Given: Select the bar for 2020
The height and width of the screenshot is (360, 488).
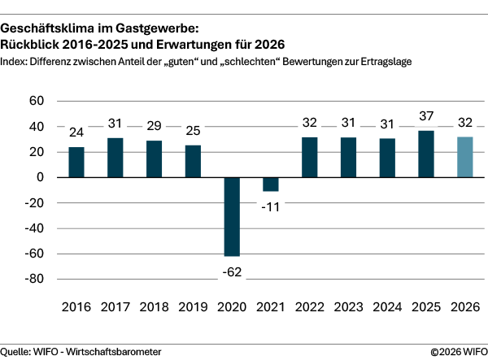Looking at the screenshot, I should (x=232, y=216).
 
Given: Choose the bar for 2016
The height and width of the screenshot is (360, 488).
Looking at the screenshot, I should (x=76, y=162).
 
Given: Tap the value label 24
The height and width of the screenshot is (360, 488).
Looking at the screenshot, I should (x=76, y=133).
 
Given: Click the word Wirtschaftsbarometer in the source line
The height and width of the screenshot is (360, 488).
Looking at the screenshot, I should (x=114, y=351).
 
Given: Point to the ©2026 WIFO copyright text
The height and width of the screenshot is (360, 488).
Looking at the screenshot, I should (x=457, y=351).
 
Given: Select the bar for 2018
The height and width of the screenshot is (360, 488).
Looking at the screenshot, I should (x=154, y=158).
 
